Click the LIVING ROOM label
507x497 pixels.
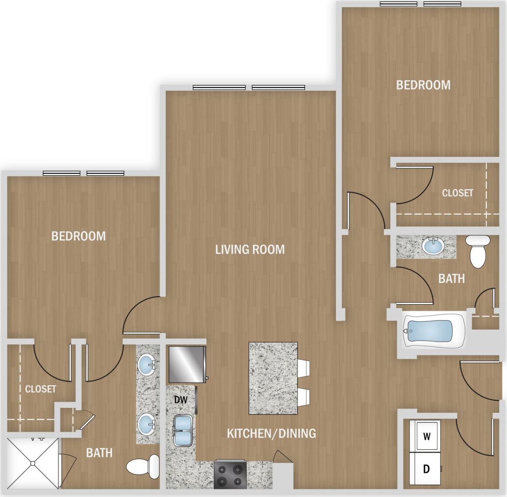coord(250,249)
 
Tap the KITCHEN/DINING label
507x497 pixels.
coord(271,433)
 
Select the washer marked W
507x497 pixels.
coord(426,436)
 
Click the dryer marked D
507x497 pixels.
coord(426,469)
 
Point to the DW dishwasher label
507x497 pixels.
coord(180,400)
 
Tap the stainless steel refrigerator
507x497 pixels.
coord(187,364)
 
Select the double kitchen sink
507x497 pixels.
coord(183,431)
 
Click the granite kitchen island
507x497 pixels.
coord(273,378)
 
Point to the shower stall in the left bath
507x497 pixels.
coord(32,463)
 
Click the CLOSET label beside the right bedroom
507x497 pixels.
coord(458,193)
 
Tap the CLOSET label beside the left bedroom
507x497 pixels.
coord(41,389)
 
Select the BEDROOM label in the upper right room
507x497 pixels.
coord(423,85)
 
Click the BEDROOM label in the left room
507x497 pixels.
coord(79,236)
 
